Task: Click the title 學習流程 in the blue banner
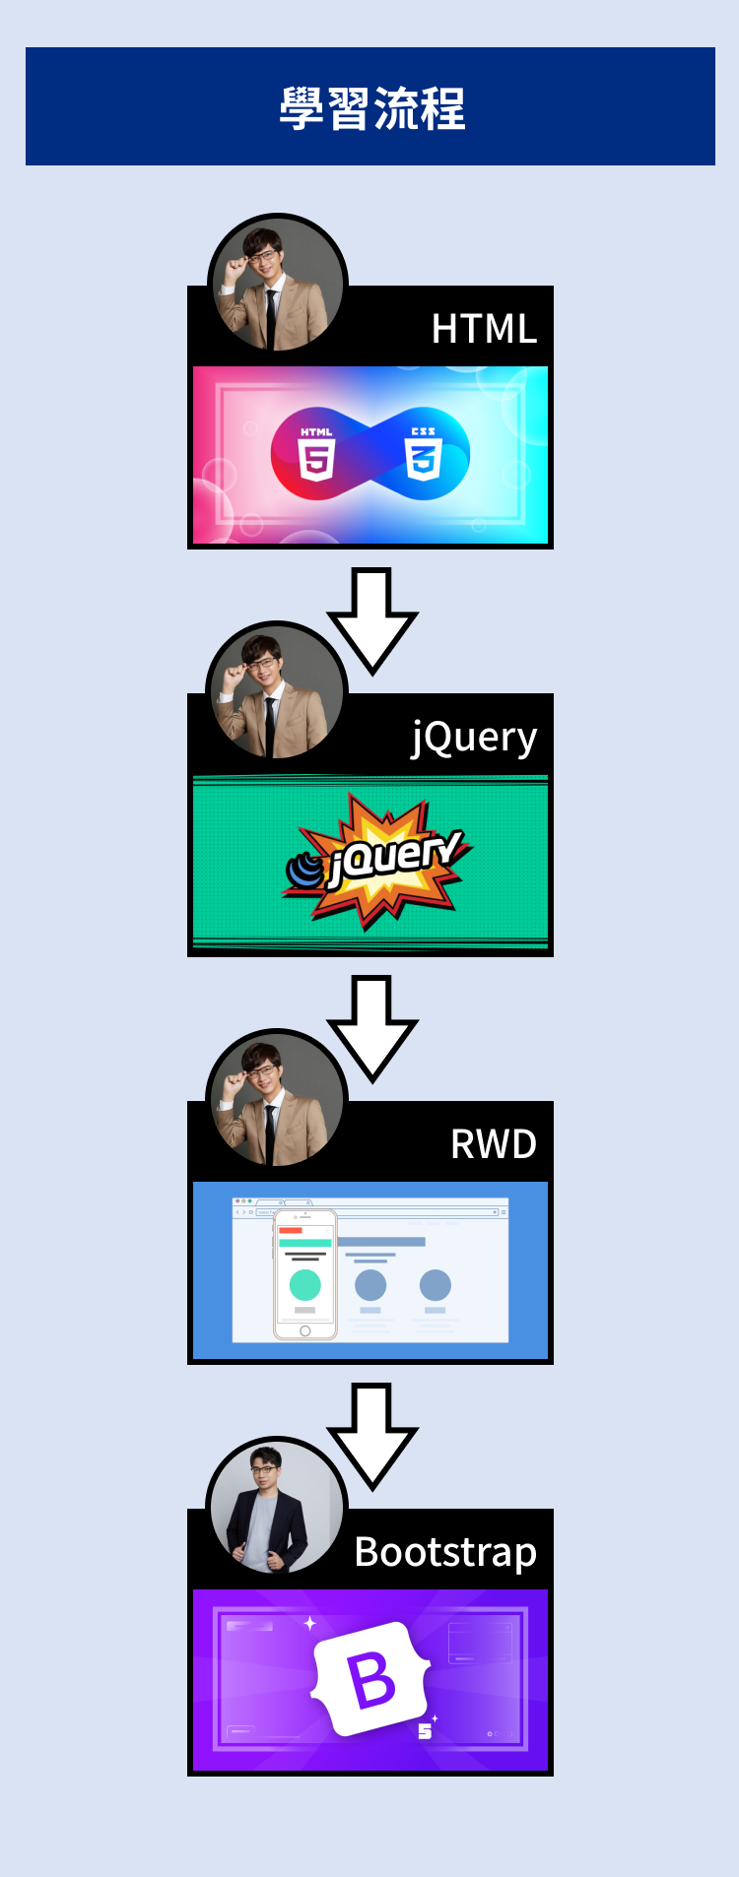pos(371,108)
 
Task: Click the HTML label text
pos(484,329)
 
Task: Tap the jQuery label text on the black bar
pos(474,738)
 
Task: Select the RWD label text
pos(493,1144)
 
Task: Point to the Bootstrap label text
pos(445,1552)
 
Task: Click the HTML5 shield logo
pos(317,454)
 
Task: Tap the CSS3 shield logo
pos(423,454)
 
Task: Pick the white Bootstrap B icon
pos(371,1678)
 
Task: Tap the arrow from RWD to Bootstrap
pos(372,1434)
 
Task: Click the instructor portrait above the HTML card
pos(277,285)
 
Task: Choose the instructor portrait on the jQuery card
pos(276,692)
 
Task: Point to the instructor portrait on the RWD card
pos(276,1100)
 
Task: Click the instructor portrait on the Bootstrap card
pos(276,1508)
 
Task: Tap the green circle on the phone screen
pos(305,1285)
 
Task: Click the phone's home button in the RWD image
pos(305,1330)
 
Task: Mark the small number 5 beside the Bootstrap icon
pos(425,1731)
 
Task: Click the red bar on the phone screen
pos(291,1230)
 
